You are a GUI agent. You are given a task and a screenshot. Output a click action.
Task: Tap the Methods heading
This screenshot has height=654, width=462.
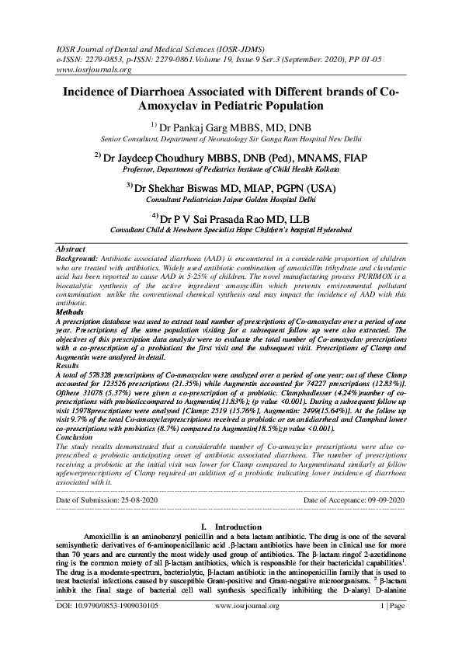(x=72, y=311)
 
